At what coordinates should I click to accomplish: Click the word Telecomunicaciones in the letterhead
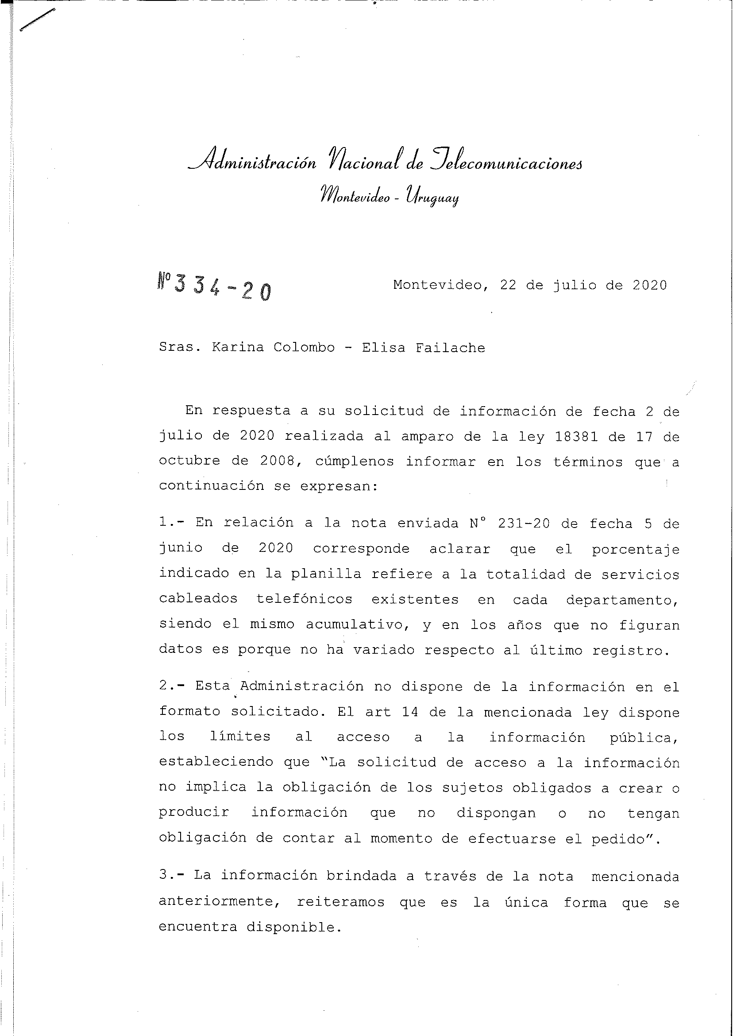click(505, 163)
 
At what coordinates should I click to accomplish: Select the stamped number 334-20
click(215, 290)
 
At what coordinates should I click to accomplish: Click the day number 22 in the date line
click(508, 285)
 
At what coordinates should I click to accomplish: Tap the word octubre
click(189, 461)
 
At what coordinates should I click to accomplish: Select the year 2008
click(277, 461)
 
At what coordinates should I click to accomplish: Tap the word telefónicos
click(304, 599)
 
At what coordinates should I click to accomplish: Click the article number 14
click(410, 712)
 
